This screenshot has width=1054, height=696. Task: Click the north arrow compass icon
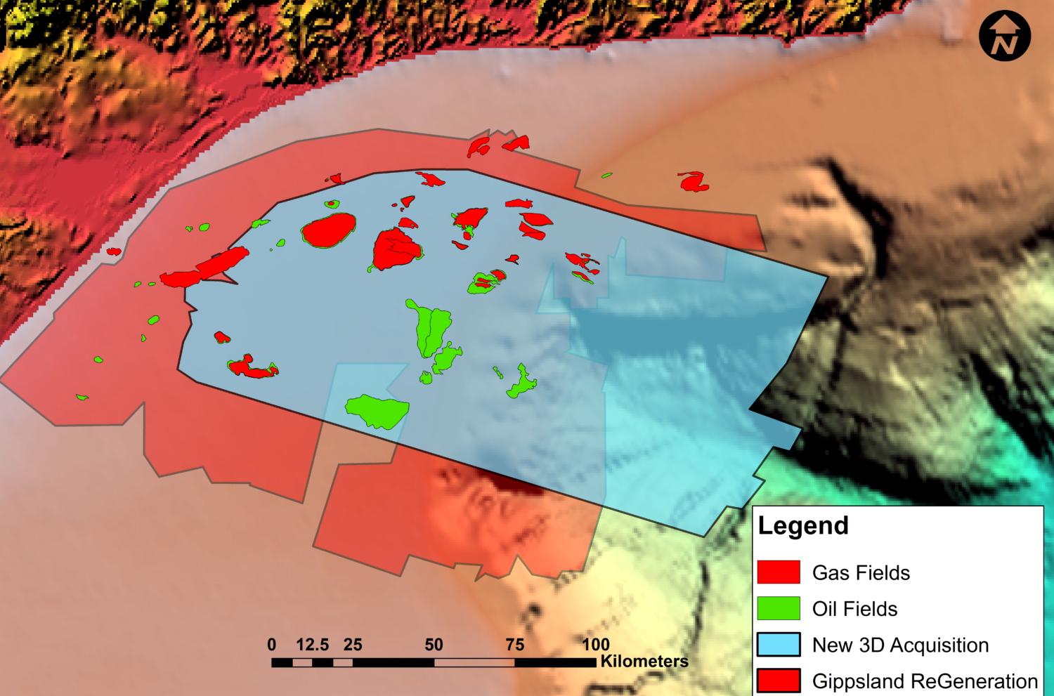[1005, 35]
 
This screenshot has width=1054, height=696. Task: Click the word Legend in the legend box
[803, 525]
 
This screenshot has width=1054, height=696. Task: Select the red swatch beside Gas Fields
[779, 572]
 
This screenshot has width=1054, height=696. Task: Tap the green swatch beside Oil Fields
[779, 608]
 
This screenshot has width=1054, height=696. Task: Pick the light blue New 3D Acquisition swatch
[779, 645]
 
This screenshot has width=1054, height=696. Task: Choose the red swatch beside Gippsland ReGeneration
[779, 681]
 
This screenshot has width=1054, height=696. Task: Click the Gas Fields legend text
[861, 573]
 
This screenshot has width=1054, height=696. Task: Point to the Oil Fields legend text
[854, 609]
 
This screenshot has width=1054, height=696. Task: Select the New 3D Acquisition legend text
[900, 645]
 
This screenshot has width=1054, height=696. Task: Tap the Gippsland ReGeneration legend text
[925, 681]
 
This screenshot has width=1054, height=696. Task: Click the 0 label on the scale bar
[272, 645]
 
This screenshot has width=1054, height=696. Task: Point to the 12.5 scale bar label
[312, 645]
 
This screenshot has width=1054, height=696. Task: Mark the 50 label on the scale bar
[434, 645]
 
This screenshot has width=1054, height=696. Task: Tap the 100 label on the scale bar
[595, 645]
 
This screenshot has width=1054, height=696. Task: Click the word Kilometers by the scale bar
[644, 662]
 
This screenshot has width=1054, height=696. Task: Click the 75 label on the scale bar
[515, 645]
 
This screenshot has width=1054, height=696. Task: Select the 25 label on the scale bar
[353, 645]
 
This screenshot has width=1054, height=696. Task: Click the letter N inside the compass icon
[1006, 44]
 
